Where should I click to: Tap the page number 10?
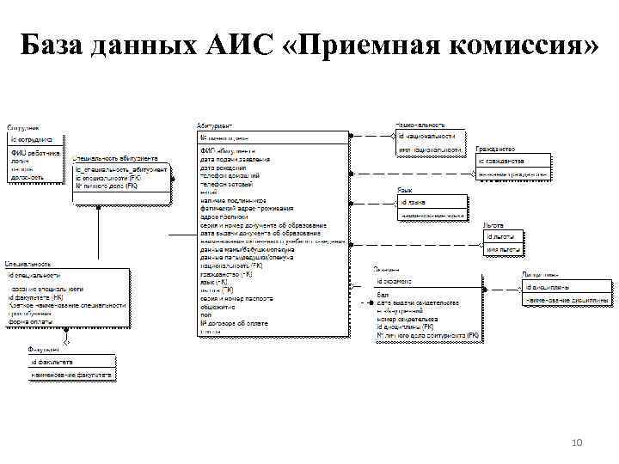577,443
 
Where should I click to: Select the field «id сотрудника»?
32,138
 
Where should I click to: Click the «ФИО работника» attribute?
35,153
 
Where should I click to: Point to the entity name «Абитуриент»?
214,125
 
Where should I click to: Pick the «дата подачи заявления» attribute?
235,160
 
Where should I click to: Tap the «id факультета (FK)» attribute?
42,297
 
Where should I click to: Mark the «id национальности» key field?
426,136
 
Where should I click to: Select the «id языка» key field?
415,202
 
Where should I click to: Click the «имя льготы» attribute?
503,250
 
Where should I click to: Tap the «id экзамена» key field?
395,281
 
